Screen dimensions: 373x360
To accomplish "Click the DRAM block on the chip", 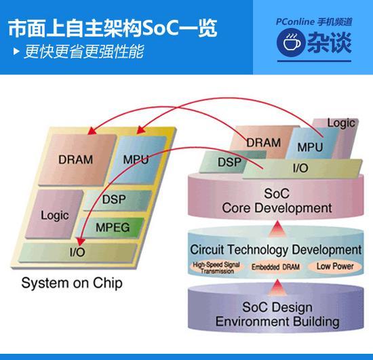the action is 77,160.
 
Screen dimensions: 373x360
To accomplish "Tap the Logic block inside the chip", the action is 54,214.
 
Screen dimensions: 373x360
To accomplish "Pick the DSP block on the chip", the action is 117,200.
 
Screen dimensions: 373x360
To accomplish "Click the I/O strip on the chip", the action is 77,252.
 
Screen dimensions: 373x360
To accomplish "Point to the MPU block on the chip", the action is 138,159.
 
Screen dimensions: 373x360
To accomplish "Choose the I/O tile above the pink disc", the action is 302,168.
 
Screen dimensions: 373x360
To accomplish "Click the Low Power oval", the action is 335,266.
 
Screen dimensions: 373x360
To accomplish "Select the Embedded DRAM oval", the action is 275,267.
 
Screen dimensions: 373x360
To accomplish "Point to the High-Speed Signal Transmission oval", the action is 216,268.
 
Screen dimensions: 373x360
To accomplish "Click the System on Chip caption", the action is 72,283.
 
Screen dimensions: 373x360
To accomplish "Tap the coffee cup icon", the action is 291,42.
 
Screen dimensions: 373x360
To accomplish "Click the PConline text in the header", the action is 295,22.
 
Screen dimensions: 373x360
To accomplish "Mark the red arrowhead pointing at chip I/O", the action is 81,241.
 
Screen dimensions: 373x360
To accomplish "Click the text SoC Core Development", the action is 277,201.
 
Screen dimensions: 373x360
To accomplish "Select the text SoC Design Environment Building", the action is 277,315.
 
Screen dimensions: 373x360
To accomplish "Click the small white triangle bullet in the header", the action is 16,51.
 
